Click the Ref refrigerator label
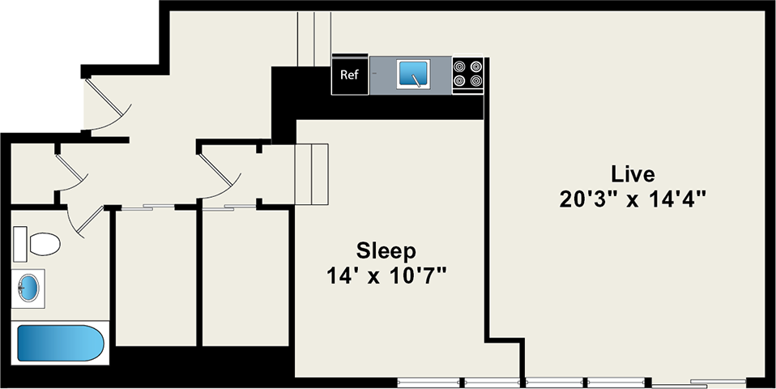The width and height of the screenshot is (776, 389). click(349, 75)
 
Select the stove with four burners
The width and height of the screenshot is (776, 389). click(467, 74)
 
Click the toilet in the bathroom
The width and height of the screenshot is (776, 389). click(39, 243)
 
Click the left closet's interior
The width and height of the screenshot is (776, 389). click(155, 276)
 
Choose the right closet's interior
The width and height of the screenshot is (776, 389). click(245, 276)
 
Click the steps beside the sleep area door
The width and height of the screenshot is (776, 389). click(312, 174)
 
